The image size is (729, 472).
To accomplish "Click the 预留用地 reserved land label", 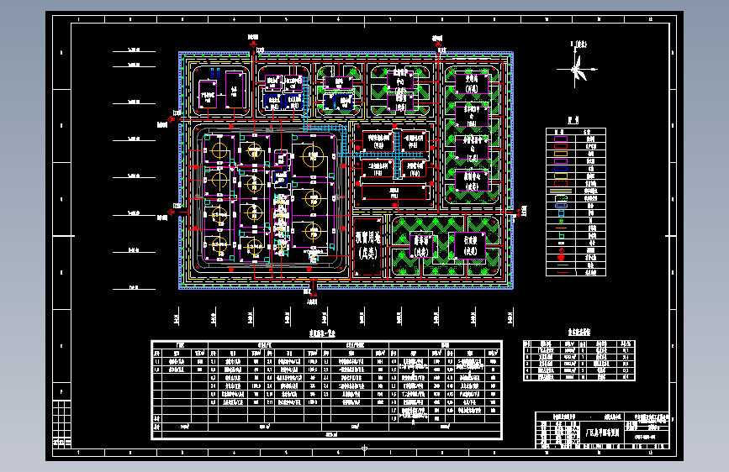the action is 368,243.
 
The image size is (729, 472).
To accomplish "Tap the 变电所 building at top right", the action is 472,82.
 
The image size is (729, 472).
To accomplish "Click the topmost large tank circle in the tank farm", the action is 311,155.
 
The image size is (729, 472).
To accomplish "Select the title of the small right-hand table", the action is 578,333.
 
